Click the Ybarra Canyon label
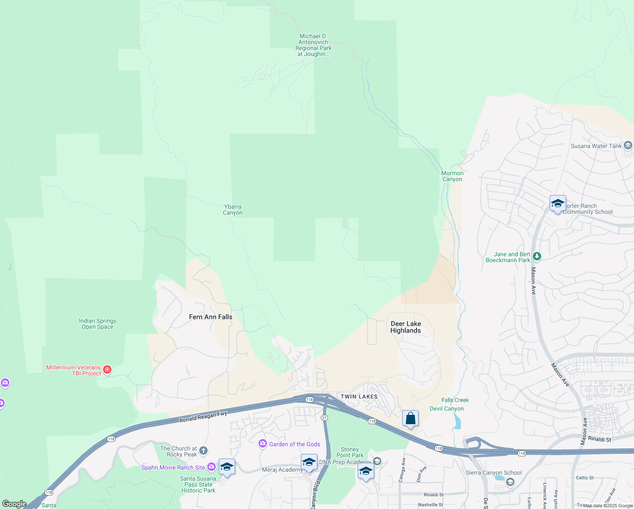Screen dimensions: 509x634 point(233,210)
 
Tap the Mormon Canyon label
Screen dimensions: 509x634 point(452,176)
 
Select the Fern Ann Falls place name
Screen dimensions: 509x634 point(211,317)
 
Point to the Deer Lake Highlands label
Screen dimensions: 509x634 point(406,327)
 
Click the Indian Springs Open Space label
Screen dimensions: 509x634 point(97,324)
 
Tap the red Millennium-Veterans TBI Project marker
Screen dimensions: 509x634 point(107,370)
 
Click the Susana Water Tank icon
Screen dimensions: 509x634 point(628,145)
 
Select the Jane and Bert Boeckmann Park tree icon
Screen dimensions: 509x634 point(537,256)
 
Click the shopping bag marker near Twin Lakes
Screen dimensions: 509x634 point(410,419)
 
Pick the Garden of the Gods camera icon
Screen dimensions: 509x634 point(263,444)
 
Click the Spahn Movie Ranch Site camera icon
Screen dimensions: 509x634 point(211,467)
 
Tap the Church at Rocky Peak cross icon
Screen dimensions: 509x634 point(203,451)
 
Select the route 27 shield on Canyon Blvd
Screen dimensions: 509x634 point(324,418)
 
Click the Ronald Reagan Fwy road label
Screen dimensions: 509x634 point(203,417)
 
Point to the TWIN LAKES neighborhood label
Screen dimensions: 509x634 point(359,397)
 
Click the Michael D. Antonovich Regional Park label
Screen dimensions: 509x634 point(314,45)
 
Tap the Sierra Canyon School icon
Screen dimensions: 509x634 point(510,482)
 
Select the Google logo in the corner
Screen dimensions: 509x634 point(14,504)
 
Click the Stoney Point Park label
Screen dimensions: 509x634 point(350,452)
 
